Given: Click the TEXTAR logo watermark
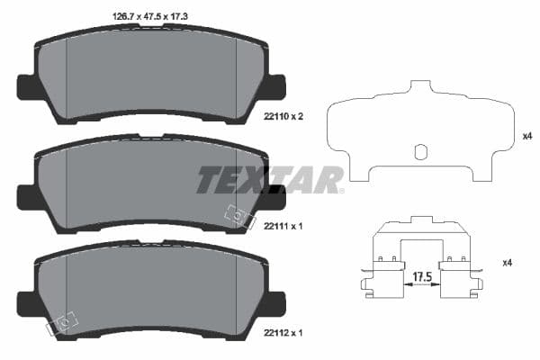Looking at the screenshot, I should [270, 179].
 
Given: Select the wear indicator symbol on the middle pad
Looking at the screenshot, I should [236, 215].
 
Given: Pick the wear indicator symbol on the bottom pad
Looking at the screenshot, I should [65, 320].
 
